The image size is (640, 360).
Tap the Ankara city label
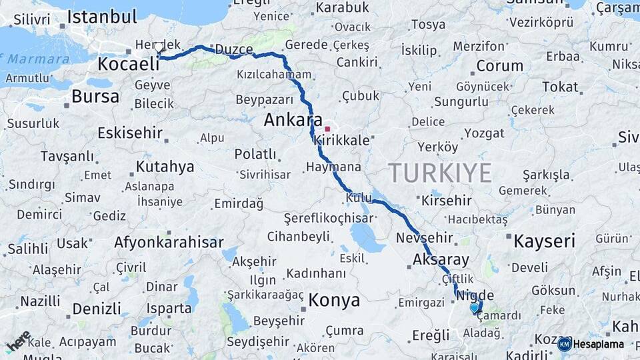[289, 120]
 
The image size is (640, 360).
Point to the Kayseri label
[543, 241]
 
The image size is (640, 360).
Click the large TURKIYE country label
[441, 173]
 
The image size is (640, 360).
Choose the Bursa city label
[95, 97]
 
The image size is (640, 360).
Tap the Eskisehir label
[129, 133]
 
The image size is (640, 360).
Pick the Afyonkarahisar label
[169, 242]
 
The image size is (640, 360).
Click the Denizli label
[97, 309]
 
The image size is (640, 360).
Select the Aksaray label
[441, 259]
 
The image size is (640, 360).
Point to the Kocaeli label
[129, 64]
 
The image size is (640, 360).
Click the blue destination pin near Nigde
[475, 308]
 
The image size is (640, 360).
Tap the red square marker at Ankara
[327, 129]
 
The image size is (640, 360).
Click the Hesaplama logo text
[597, 345]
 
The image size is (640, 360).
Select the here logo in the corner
[18, 341]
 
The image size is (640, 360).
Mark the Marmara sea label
[29, 59]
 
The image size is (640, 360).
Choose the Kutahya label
[165, 166]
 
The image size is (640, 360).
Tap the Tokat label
[559, 87]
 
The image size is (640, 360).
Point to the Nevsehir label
[424, 238]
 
